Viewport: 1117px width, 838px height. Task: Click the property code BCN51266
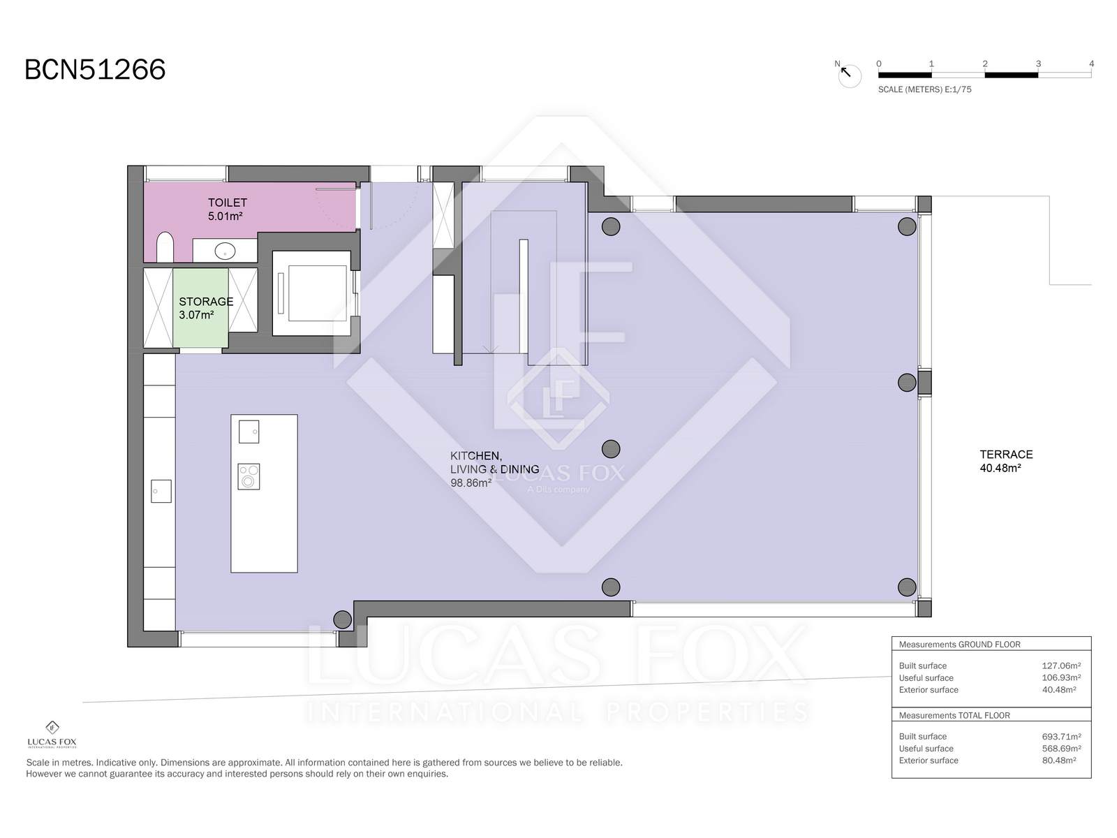95,70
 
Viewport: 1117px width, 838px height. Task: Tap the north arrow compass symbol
849,74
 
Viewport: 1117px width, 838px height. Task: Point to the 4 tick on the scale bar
1091,64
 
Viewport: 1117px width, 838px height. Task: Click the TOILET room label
227,203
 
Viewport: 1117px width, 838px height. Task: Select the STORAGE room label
206,302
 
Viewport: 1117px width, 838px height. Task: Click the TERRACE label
1006,455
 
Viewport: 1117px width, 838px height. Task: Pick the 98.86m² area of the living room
471,483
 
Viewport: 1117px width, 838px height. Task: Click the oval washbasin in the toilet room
225,251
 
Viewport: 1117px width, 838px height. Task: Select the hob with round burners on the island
249,477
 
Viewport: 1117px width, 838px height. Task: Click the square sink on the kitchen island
249,432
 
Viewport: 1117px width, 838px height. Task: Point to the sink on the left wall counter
161,491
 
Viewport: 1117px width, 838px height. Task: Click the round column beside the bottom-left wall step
343,619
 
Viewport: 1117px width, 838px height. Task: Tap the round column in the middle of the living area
611,449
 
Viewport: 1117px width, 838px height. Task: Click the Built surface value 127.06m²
1061,666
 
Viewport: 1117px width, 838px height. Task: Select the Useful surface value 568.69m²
1061,749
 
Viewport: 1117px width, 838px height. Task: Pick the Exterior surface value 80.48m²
1058,760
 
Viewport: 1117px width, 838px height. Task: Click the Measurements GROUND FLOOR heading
959,645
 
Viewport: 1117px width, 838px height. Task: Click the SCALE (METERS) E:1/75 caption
924,89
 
